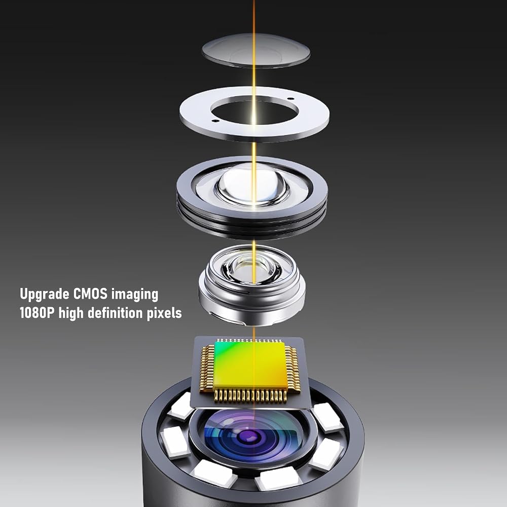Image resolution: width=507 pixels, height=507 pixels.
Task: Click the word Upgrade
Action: [x=45, y=295]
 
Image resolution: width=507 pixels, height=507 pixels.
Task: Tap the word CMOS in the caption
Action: [x=91, y=294]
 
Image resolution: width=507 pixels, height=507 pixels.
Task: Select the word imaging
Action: [x=135, y=295]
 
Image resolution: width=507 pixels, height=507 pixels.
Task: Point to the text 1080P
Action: [x=37, y=313]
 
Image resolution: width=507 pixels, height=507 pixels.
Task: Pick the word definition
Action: [x=115, y=313]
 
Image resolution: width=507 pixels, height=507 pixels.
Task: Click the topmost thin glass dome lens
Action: [x=256, y=50]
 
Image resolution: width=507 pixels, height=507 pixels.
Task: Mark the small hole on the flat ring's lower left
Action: [x=214, y=121]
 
